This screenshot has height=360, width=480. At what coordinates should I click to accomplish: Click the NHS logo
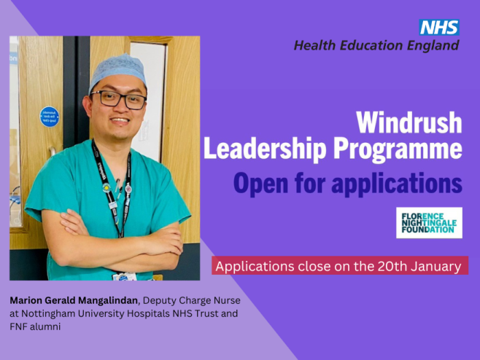click(439, 28)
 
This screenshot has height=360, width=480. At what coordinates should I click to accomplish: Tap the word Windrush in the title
click(409, 122)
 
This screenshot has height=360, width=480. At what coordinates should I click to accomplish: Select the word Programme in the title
click(398, 149)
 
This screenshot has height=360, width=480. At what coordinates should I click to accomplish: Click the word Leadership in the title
click(265, 149)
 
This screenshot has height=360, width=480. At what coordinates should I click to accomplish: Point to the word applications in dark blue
click(397, 184)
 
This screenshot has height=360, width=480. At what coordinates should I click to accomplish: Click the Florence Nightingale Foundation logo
click(429, 223)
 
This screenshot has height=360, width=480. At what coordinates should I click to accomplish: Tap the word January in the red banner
click(436, 266)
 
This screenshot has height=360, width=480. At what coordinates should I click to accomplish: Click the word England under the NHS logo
click(433, 46)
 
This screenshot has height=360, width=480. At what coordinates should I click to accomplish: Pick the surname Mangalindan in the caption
click(107, 301)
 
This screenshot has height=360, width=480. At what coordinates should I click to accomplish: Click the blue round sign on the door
click(50, 117)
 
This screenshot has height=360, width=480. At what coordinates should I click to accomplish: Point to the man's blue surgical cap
click(117, 72)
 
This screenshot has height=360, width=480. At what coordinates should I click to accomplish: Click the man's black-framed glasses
click(118, 99)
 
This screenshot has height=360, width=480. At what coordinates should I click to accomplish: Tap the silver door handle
click(53, 152)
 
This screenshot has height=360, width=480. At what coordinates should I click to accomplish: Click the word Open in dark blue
click(261, 184)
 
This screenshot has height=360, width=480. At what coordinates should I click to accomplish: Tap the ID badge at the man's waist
click(124, 276)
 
